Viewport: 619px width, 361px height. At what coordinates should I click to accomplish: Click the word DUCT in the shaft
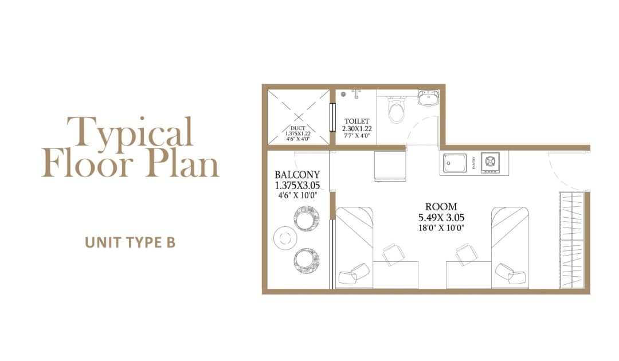click(x=297, y=128)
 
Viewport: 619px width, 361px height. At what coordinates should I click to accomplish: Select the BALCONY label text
click(x=297, y=175)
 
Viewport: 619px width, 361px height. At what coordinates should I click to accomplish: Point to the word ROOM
click(x=441, y=207)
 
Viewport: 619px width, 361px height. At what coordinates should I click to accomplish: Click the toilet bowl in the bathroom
click(x=396, y=111)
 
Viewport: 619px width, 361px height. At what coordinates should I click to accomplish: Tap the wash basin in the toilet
click(x=428, y=98)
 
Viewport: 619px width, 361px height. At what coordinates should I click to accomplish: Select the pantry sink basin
click(x=456, y=164)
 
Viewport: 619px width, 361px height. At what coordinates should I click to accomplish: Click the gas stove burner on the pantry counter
click(x=491, y=163)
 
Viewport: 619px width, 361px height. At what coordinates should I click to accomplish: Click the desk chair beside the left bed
click(x=393, y=254)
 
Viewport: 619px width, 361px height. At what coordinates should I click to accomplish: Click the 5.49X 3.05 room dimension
click(x=441, y=217)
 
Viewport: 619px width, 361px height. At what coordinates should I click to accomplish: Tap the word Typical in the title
click(x=129, y=132)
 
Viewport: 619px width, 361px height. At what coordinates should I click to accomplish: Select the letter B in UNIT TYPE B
click(x=170, y=242)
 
